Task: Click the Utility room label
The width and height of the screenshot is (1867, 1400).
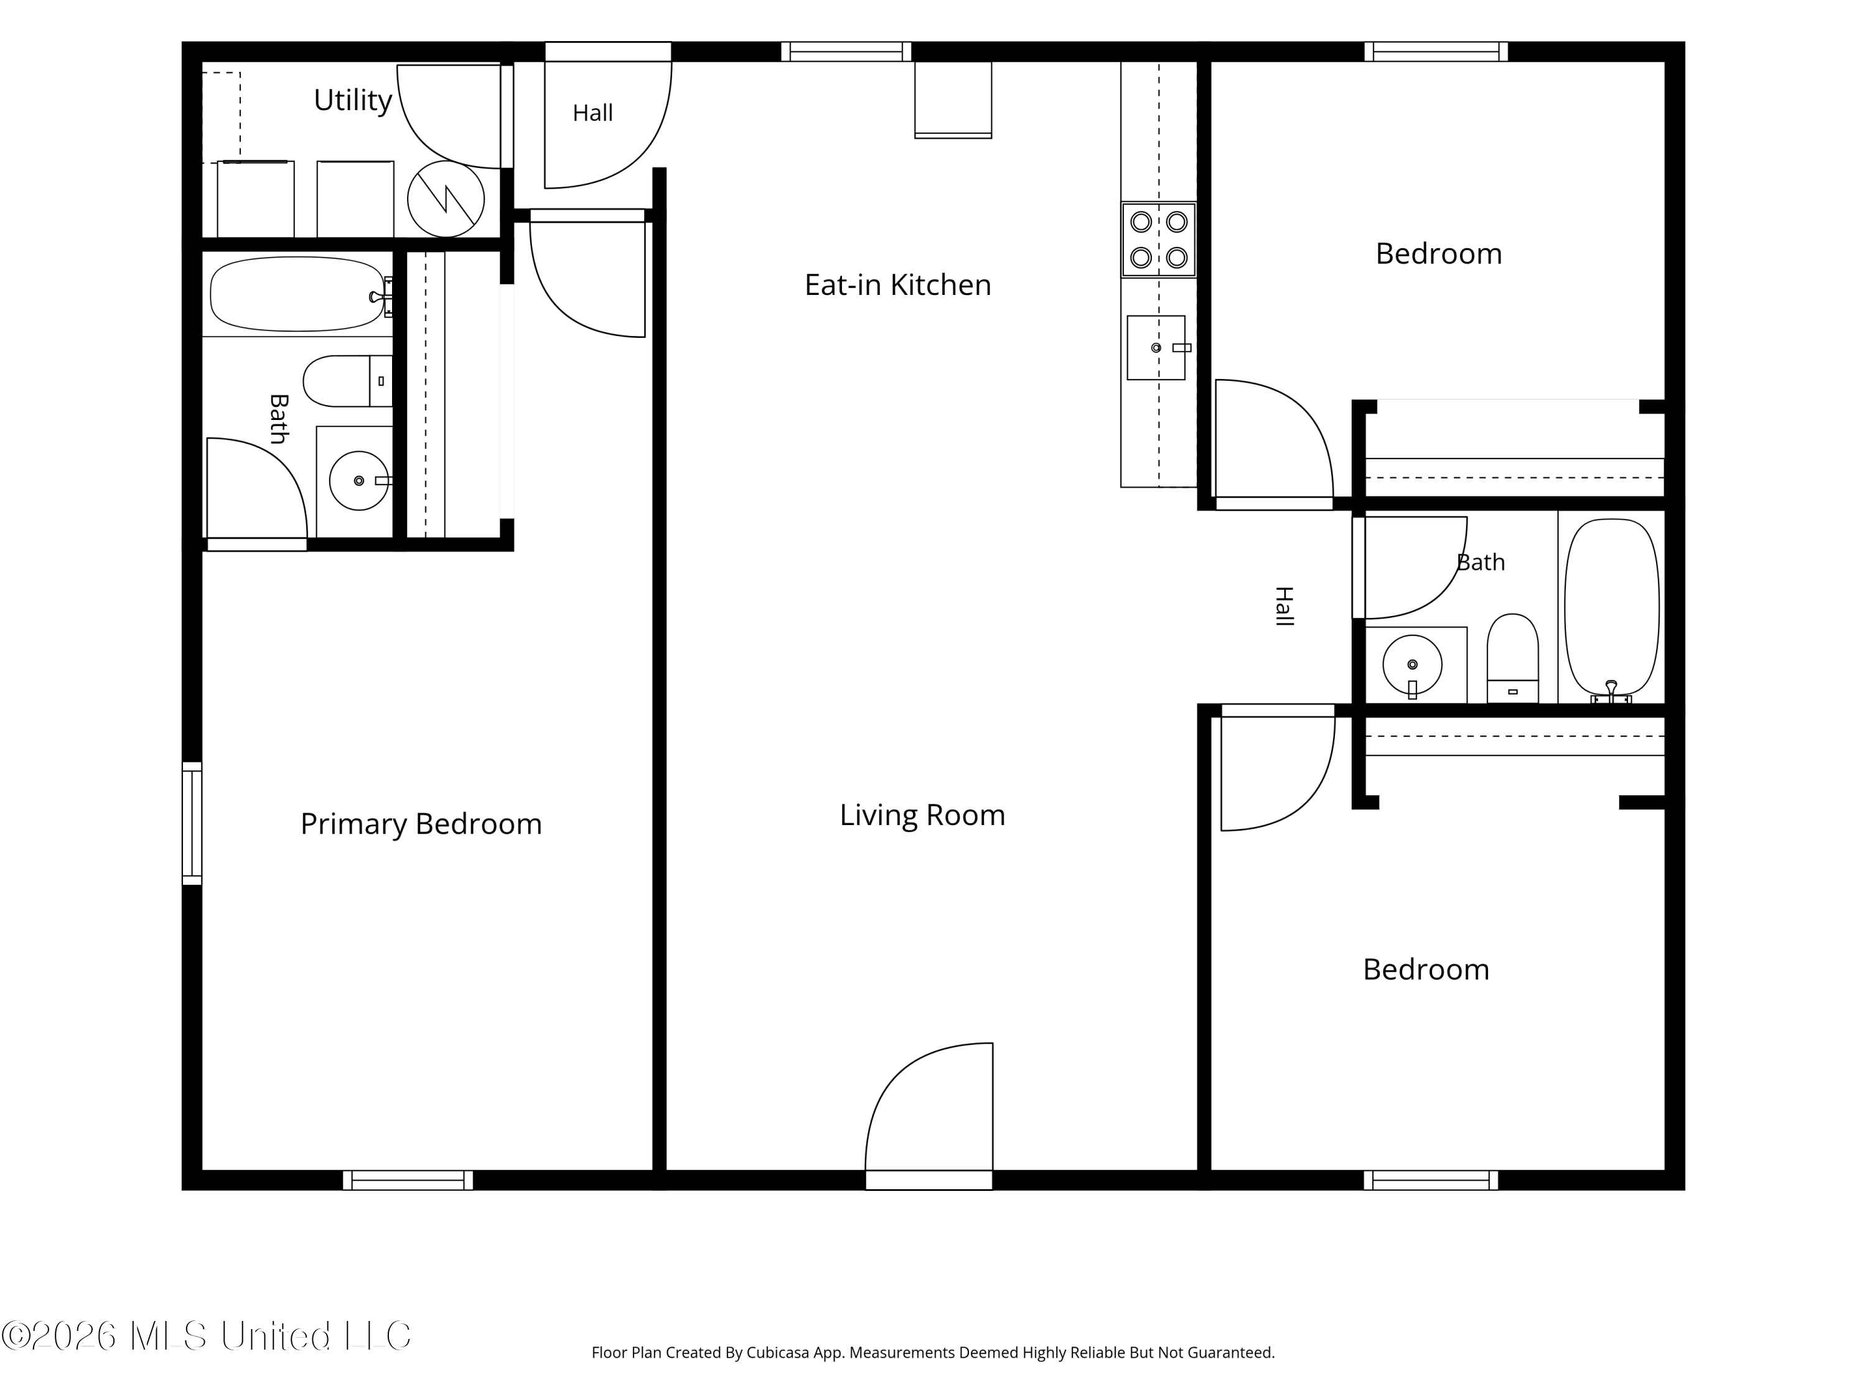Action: [353, 100]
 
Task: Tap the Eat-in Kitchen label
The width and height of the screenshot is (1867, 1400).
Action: [897, 285]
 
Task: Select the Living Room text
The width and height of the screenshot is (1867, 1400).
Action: [922, 815]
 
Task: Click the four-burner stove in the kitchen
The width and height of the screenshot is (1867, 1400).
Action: [1159, 240]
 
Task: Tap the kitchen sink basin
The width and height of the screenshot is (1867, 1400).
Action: [1156, 348]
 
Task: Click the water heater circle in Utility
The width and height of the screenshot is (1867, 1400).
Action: [446, 199]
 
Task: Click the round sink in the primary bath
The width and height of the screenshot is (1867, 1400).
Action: [358, 481]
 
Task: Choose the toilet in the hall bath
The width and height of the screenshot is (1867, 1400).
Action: [1512, 658]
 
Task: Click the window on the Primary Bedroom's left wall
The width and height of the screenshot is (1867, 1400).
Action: [192, 824]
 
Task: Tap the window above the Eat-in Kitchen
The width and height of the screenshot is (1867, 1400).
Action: [846, 52]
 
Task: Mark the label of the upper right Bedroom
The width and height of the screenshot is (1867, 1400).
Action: [1439, 254]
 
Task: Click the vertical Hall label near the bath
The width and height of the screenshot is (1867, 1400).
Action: [1284, 606]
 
